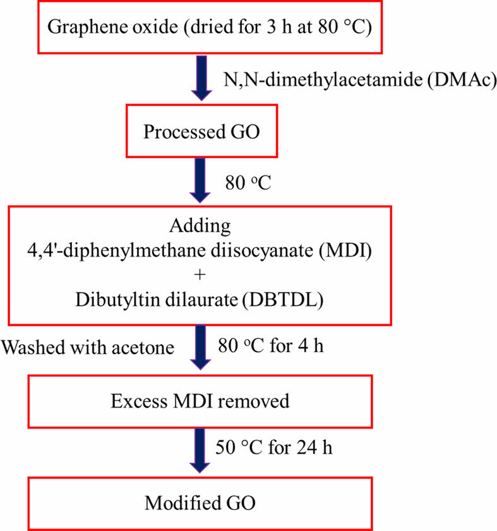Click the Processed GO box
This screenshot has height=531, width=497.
[x=201, y=133]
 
